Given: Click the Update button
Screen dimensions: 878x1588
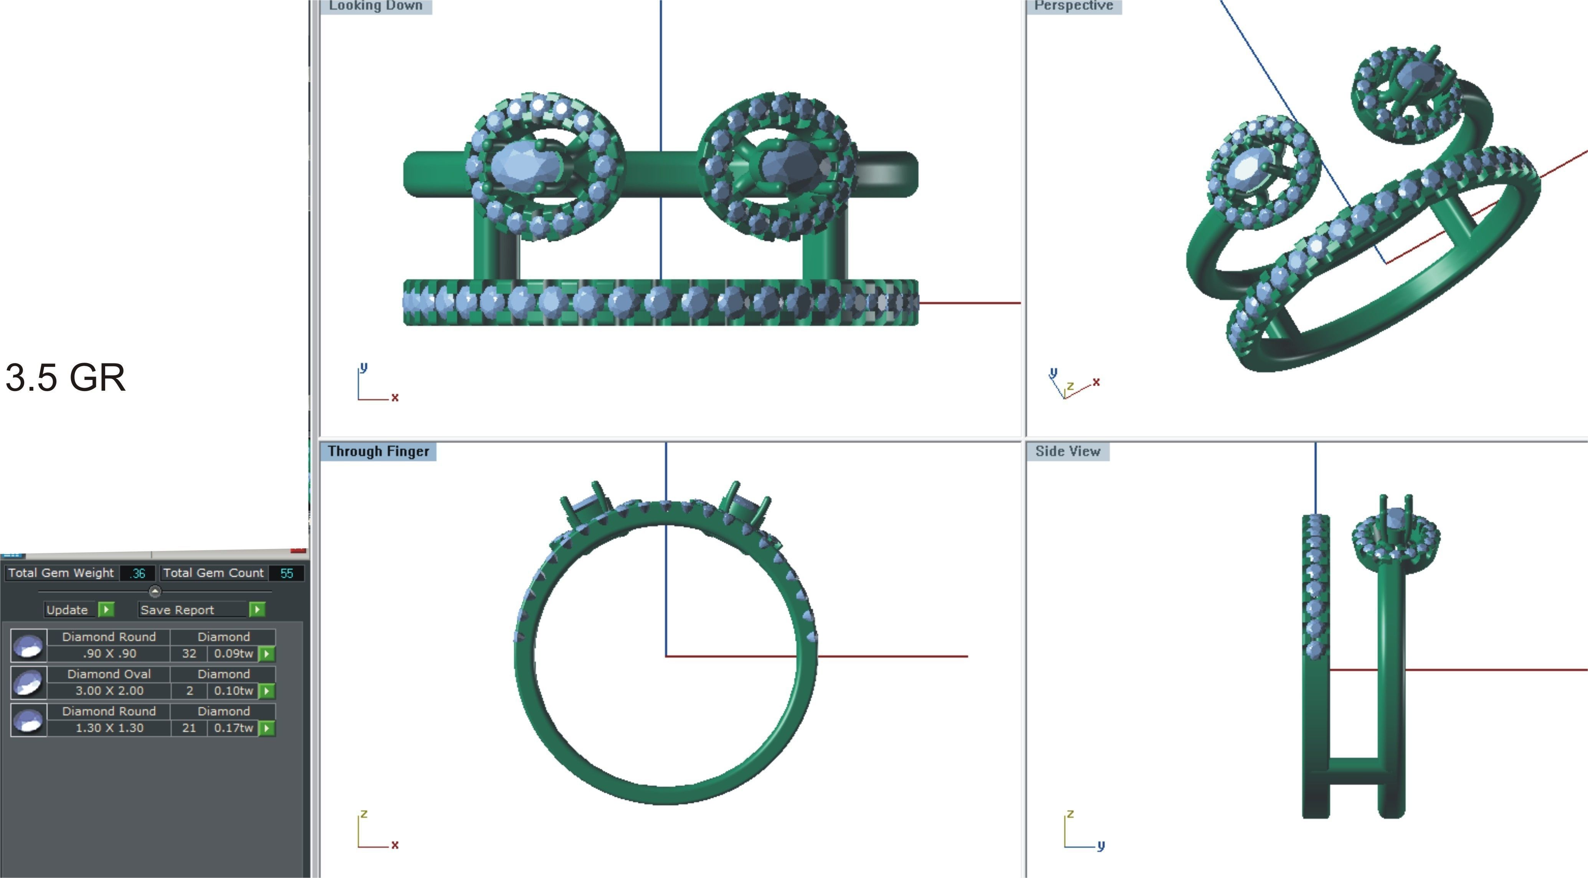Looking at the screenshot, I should click(68, 609).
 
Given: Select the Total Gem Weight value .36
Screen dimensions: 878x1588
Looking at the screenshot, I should click(137, 573).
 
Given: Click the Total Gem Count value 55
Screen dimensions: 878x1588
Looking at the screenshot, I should click(287, 573).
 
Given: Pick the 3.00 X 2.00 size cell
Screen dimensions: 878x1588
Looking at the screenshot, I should click(109, 691).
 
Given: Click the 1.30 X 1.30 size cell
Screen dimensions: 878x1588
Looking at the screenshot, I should click(109, 728).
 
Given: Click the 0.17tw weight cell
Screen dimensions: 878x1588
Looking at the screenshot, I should click(233, 728).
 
